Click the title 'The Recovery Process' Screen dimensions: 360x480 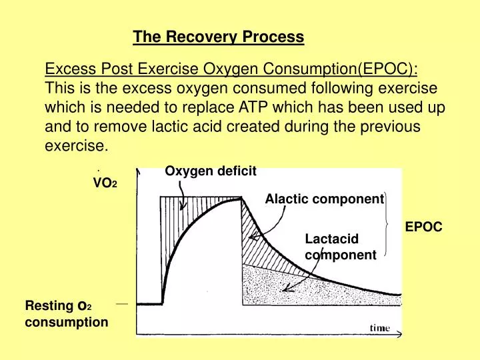coord(218,37)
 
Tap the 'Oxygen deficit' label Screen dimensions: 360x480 coord(210,171)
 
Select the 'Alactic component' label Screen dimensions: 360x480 coord(324,199)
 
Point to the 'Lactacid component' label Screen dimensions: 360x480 coord(340,247)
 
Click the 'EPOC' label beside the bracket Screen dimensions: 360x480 coord(423,227)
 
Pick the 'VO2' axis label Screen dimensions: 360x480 coord(105,183)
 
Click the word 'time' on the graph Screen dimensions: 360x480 coord(380,327)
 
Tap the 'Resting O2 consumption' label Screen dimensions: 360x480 coord(66,314)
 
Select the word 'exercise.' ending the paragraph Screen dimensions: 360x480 coord(75,145)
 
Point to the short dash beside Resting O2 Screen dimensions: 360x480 coord(121,303)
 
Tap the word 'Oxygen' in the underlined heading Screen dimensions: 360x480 coord(237,69)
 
